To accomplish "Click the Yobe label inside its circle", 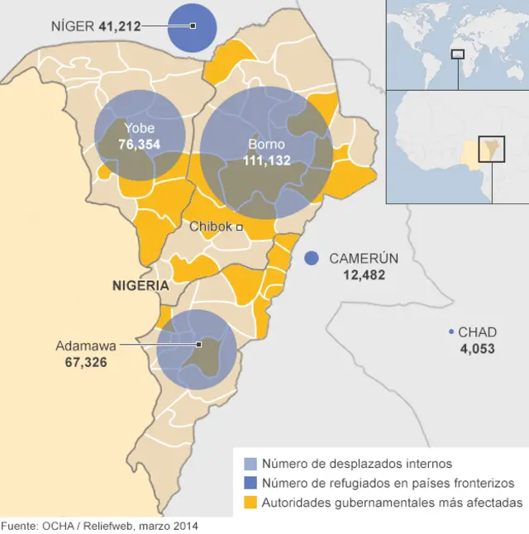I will click(x=139, y=128).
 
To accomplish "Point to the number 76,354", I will click(x=139, y=144).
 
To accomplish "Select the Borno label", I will click(x=266, y=144).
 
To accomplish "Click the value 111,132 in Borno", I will click(x=266, y=160).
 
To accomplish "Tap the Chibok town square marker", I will click(x=239, y=226).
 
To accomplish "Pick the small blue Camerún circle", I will click(x=311, y=258).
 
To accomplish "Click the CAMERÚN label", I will click(x=364, y=258).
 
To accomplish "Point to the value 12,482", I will click(x=364, y=274).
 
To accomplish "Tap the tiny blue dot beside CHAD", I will click(x=450, y=332).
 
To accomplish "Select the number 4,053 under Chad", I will click(x=477, y=349).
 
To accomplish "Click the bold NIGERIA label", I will click(x=141, y=285).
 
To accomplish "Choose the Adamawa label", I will click(x=85, y=346).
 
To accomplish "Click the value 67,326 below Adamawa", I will click(x=85, y=362).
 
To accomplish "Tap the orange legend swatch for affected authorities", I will click(x=250, y=503).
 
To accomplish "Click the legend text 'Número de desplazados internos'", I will click(x=356, y=464).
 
